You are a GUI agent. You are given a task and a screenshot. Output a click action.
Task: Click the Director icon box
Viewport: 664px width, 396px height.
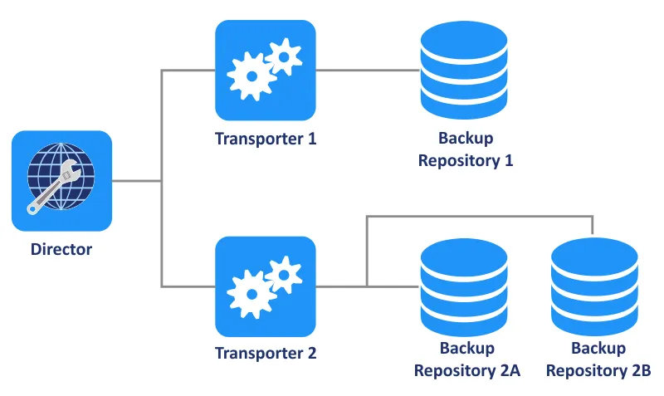[61, 181]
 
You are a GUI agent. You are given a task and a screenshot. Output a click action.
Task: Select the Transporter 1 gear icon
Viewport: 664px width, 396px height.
[265, 70]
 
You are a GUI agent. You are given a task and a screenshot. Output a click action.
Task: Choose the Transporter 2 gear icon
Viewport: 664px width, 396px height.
[265, 286]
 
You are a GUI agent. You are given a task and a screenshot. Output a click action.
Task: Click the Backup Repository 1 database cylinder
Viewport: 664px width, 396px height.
[463, 70]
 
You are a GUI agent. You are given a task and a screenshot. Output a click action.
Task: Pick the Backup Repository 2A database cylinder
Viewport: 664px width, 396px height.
[463, 286]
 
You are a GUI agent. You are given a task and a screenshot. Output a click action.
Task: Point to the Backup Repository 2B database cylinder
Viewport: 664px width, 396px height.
[593, 286]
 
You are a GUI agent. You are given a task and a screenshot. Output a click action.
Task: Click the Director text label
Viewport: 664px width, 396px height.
[61, 248]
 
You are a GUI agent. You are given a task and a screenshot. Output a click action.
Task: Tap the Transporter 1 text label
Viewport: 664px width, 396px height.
[266, 139]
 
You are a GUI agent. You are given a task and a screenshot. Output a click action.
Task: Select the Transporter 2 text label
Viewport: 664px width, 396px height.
[266, 353]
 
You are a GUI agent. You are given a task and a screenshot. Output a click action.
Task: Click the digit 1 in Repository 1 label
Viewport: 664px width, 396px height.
[508, 160]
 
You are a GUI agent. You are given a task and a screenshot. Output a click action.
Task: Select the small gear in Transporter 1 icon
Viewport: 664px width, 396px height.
[286, 55]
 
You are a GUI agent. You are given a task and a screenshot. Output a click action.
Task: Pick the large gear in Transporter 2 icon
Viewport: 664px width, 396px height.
[250, 293]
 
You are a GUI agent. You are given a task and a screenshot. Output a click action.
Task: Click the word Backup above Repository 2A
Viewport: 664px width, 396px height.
[467, 349]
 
